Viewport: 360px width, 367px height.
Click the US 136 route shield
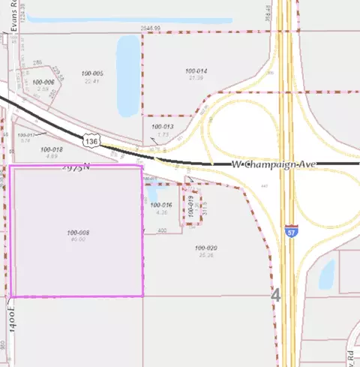(91, 140)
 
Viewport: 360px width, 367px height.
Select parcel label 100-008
(77, 233)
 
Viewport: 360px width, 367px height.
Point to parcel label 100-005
(92, 74)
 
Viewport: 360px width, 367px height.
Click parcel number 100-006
(43, 82)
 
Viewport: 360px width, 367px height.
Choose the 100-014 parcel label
(196, 71)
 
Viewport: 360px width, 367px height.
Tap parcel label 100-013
(163, 127)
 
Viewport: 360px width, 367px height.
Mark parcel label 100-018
(52, 149)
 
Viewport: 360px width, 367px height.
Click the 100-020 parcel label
(205, 248)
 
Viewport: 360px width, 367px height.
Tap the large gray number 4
(275, 295)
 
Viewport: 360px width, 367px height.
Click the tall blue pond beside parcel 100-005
(128, 66)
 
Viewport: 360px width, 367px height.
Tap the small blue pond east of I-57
(327, 275)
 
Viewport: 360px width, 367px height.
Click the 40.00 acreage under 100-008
(78, 240)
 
